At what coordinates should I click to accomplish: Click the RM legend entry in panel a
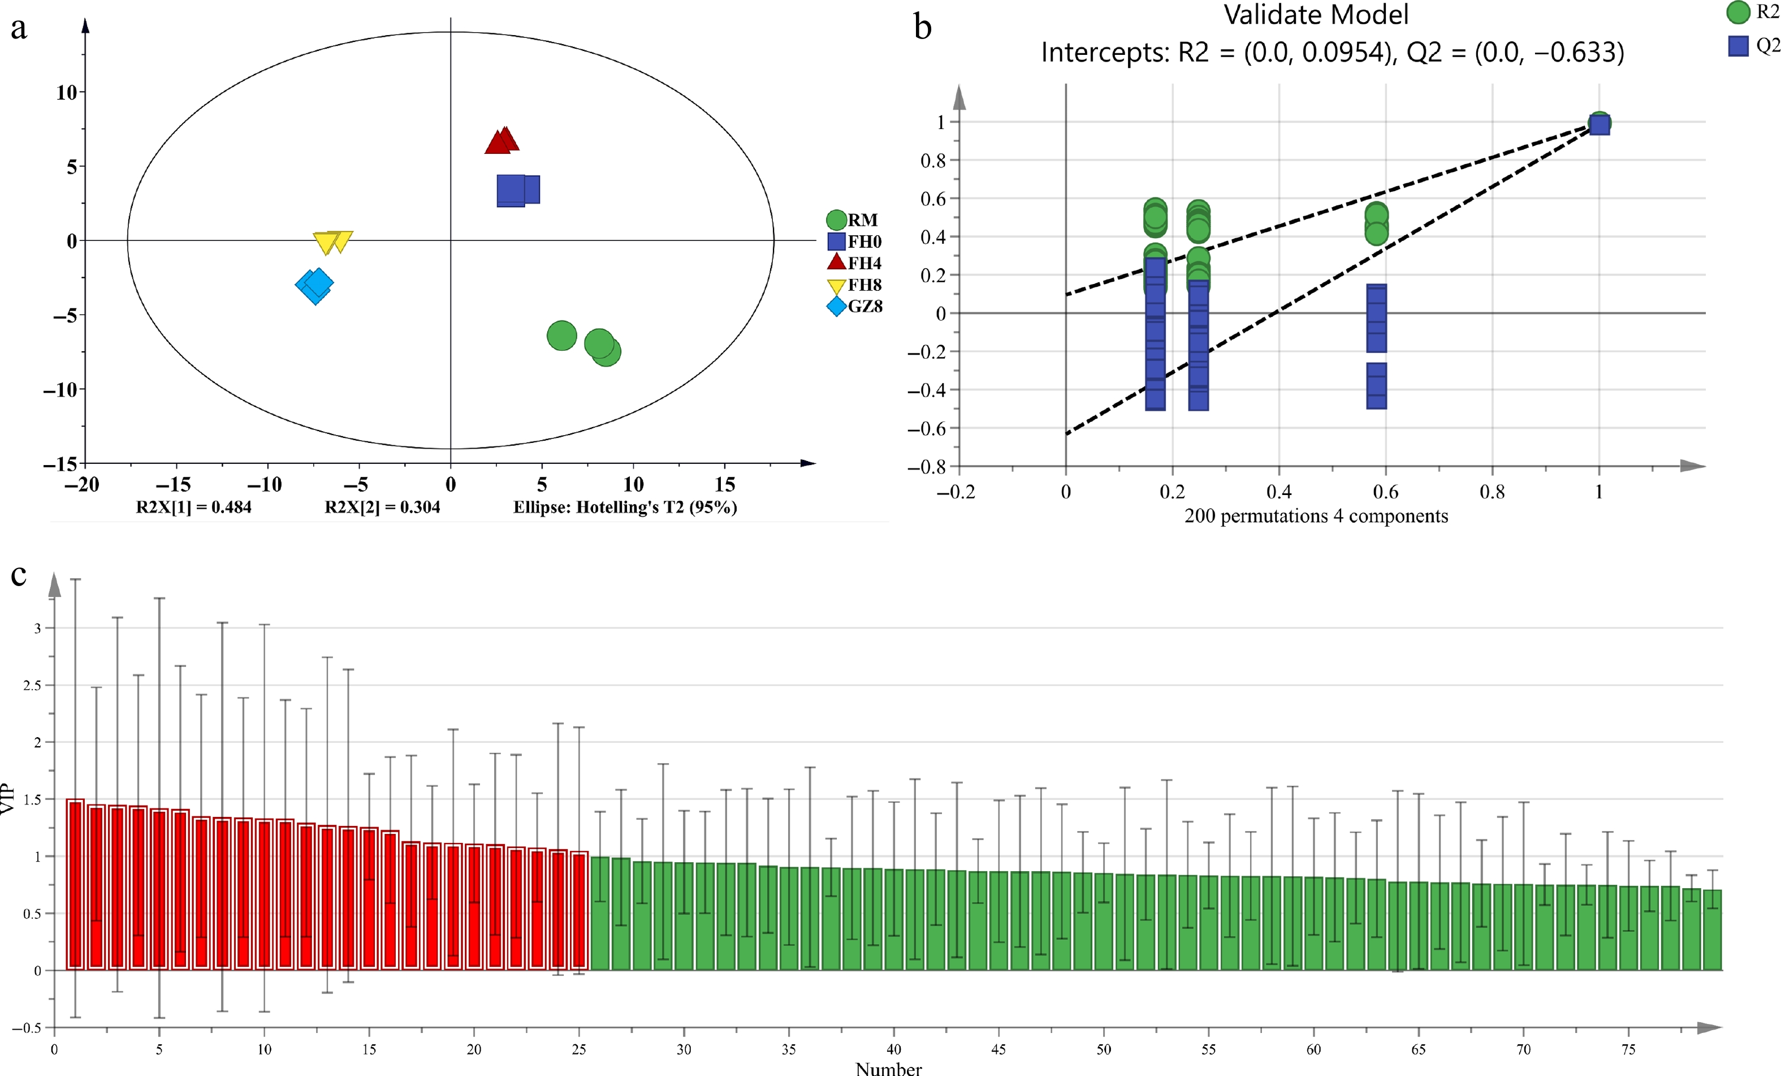tap(853, 220)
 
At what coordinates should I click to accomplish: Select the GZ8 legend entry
tap(854, 307)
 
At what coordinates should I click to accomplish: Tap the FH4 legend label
tap(864, 263)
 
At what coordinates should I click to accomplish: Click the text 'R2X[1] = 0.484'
tap(194, 507)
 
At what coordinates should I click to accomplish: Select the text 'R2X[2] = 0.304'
tap(382, 507)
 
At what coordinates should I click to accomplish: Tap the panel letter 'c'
tap(19, 575)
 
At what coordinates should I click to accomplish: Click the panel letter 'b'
tap(922, 28)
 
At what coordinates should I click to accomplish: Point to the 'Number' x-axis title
tap(888, 1069)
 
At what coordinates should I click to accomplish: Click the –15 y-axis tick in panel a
tap(60, 463)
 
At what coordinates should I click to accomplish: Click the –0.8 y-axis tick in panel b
tap(927, 467)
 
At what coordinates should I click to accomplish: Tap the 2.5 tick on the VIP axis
tap(33, 685)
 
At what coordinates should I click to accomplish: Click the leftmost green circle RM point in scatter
tap(561, 335)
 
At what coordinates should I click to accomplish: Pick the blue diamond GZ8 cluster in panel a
tap(314, 285)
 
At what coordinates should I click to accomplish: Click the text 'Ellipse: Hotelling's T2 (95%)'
tap(625, 507)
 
